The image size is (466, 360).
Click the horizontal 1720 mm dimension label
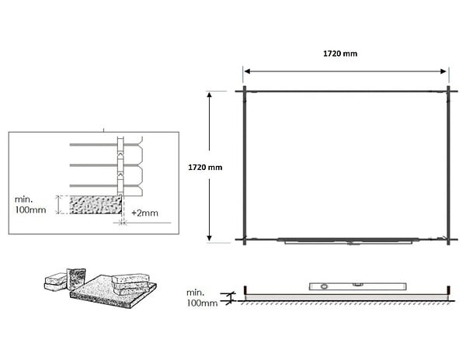(x=340, y=54)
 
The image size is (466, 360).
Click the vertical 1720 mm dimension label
(x=205, y=168)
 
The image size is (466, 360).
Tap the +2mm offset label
(x=144, y=213)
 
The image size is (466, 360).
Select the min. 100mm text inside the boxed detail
(x=30, y=205)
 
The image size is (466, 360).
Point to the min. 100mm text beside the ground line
(x=202, y=298)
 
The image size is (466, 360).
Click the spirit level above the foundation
(x=357, y=286)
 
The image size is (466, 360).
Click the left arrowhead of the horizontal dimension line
(x=247, y=71)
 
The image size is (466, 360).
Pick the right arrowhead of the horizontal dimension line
(x=443, y=71)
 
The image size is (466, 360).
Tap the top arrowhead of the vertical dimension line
(x=209, y=95)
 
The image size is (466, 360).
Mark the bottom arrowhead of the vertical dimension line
(x=209, y=237)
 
